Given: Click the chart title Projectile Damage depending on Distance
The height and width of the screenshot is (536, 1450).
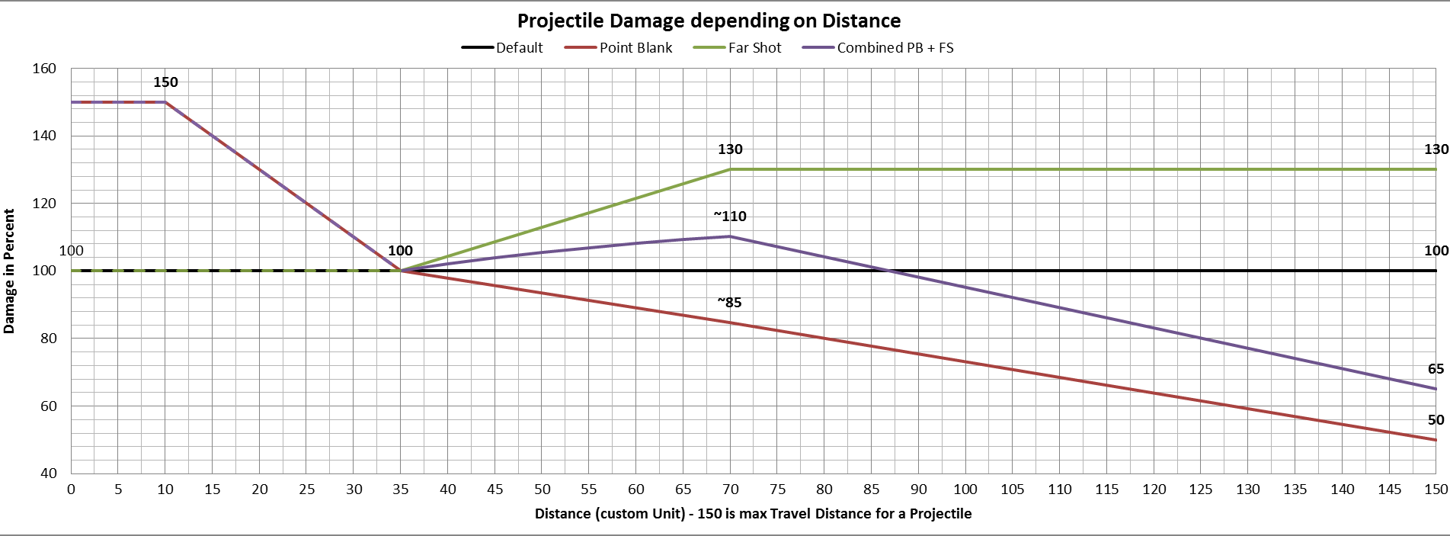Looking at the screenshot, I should (709, 21).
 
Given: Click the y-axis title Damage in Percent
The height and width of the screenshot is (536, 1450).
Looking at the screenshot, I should (9, 271).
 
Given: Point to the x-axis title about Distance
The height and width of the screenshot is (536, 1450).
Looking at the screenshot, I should (753, 514).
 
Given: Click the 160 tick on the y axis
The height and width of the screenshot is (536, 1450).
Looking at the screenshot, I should (44, 69).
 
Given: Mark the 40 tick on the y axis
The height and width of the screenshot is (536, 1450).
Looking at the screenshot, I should (49, 473).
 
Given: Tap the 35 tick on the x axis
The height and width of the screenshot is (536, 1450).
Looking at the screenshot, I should (401, 489).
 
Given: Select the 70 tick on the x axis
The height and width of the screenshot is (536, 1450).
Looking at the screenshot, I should (730, 489).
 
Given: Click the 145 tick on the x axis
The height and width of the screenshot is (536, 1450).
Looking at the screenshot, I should (1389, 489).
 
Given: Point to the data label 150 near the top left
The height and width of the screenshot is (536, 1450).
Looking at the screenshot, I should (165, 82).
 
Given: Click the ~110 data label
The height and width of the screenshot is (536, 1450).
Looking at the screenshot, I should (730, 217).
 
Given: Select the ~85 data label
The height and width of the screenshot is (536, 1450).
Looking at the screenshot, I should (729, 303).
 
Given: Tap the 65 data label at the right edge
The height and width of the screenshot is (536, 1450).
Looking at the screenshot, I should (1436, 369).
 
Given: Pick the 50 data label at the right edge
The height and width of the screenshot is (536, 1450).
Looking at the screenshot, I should (1436, 420).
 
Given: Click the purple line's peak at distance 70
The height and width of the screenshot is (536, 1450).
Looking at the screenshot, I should (730, 236).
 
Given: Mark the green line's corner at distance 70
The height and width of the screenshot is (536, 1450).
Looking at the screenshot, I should (730, 169).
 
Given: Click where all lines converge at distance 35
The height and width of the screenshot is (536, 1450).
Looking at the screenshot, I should (401, 271).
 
